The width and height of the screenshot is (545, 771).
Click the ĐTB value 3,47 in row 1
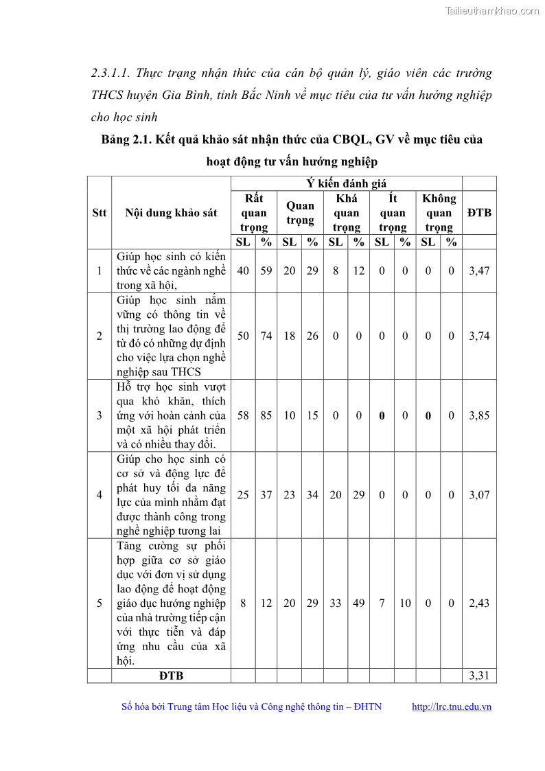pos(478,271)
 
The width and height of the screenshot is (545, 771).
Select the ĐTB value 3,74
pos(478,336)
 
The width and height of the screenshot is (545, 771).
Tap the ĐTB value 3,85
pos(478,415)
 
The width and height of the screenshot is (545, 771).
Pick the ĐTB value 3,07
pos(478,495)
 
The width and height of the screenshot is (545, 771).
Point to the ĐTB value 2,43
pos(478,603)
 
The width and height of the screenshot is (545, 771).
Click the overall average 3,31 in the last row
pos(478,676)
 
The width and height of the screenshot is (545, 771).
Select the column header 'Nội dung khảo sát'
pos(171,213)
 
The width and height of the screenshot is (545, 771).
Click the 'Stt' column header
pos(100,213)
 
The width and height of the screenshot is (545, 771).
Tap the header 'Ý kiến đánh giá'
pos(346,183)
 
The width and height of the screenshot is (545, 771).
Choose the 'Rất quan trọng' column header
pos(254,213)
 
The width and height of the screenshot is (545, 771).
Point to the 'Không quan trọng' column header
pos(439,213)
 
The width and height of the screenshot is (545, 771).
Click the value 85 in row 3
pos(266,415)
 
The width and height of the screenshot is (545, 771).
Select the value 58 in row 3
pos(243,415)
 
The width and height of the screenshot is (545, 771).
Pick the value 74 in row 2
pos(266,336)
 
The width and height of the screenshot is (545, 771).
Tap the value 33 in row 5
pos(336,603)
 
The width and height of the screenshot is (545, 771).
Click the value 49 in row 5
pos(359,603)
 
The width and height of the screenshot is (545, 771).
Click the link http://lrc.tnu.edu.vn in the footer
pos(451,707)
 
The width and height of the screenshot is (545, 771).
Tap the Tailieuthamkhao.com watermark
pos(492,10)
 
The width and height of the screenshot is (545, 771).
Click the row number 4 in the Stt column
pos(100,495)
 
